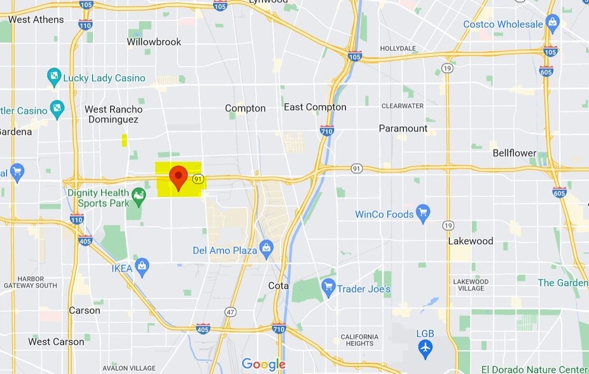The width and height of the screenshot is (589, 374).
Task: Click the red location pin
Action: click(x=179, y=176)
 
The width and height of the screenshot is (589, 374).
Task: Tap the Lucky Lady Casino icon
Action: click(x=54, y=78)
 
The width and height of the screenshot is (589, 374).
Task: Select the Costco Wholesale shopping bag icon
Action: click(x=552, y=25)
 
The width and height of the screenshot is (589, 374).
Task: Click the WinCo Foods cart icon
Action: click(x=423, y=214)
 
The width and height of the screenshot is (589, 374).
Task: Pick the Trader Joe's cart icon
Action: click(x=328, y=289)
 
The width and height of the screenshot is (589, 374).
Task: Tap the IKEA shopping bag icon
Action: click(x=142, y=268)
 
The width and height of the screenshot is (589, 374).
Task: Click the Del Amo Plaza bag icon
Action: click(x=267, y=250)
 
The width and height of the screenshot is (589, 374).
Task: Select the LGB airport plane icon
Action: click(x=425, y=349)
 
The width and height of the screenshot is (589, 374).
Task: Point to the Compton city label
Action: click(x=246, y=108)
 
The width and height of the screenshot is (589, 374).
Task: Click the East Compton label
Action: click(x=315, y=107)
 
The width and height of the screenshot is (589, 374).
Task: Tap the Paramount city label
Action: click(x=403, y=128)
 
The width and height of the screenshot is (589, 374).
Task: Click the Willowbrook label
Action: click(x=154, y=42)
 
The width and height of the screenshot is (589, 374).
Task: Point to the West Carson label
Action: click(x=56, y=342)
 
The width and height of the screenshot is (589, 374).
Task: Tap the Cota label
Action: click(x=278, y=286)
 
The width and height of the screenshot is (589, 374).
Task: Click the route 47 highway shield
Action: click(x=230, y=312)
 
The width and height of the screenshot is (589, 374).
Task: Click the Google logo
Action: click(x=263, y=364)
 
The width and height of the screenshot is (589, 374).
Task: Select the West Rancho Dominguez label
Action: click(x=114, y=114)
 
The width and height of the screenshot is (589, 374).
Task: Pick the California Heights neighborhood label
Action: click(x=359, y=340)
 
